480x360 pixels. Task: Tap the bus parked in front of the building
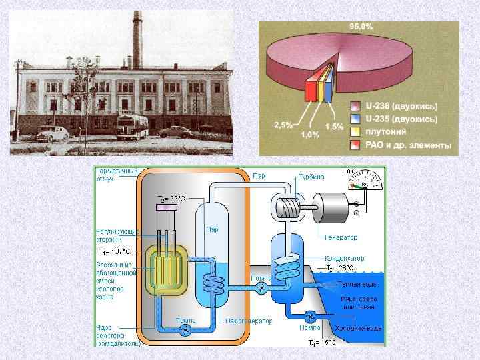[x=131, y=127]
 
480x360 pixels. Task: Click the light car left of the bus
[x=53, y=132]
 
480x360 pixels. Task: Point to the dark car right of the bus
[x=175, y=131]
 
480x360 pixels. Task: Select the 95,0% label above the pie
[x=361, y=26]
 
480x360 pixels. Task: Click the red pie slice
[x=310, y=89]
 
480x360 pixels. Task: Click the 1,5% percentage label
[x=334, y=126]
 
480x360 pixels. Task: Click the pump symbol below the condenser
[x=309, y=315]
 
